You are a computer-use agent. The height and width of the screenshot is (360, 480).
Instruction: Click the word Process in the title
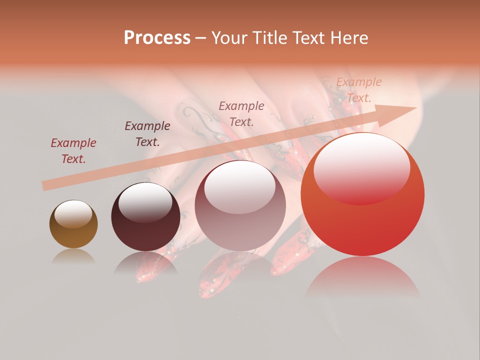157,38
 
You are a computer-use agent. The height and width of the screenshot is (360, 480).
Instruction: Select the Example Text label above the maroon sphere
147,134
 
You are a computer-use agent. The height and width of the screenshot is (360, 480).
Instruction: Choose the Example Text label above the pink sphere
241,113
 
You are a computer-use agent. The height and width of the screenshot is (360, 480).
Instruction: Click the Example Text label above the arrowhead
359,90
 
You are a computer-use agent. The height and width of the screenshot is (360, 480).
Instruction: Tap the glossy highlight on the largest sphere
361,167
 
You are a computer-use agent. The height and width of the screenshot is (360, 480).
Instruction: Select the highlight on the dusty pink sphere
240,185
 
